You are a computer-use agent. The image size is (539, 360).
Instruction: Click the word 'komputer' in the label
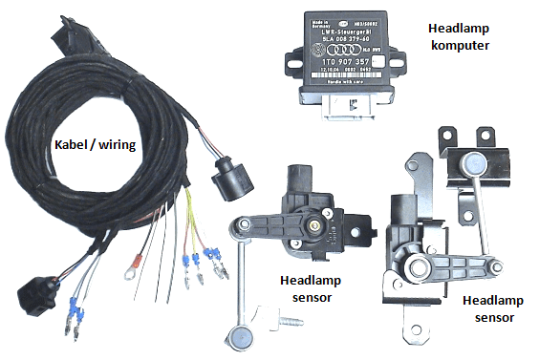pos(462,45)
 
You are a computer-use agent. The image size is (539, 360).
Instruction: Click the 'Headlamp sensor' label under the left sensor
pos(312,289)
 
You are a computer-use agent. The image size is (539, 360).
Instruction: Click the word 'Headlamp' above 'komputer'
pos(462,28)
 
